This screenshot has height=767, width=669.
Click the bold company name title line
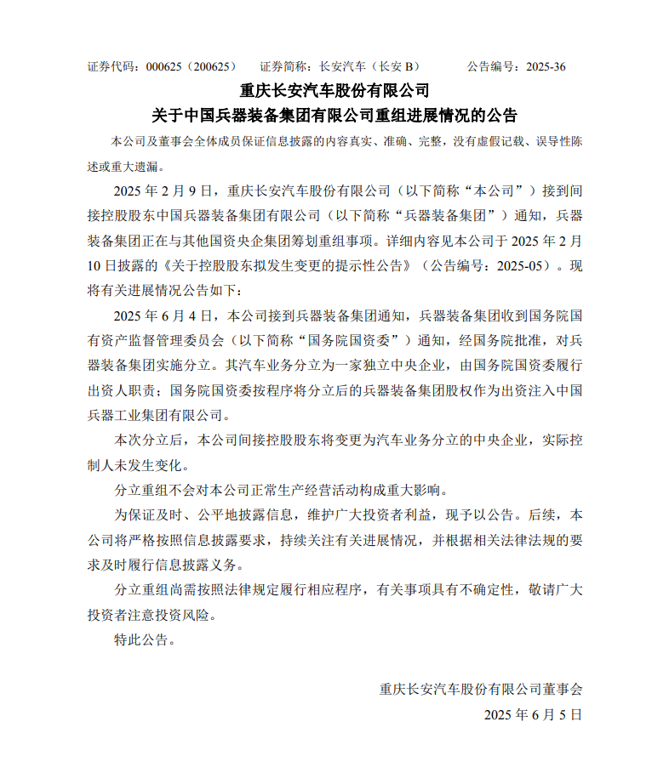click(334, 90)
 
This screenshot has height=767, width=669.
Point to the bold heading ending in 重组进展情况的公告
click(334, 115)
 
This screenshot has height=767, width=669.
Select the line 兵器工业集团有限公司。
click(159, 417)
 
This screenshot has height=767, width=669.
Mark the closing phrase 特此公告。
click(146, 640)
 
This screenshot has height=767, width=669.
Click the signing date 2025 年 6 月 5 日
click(534, 715)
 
